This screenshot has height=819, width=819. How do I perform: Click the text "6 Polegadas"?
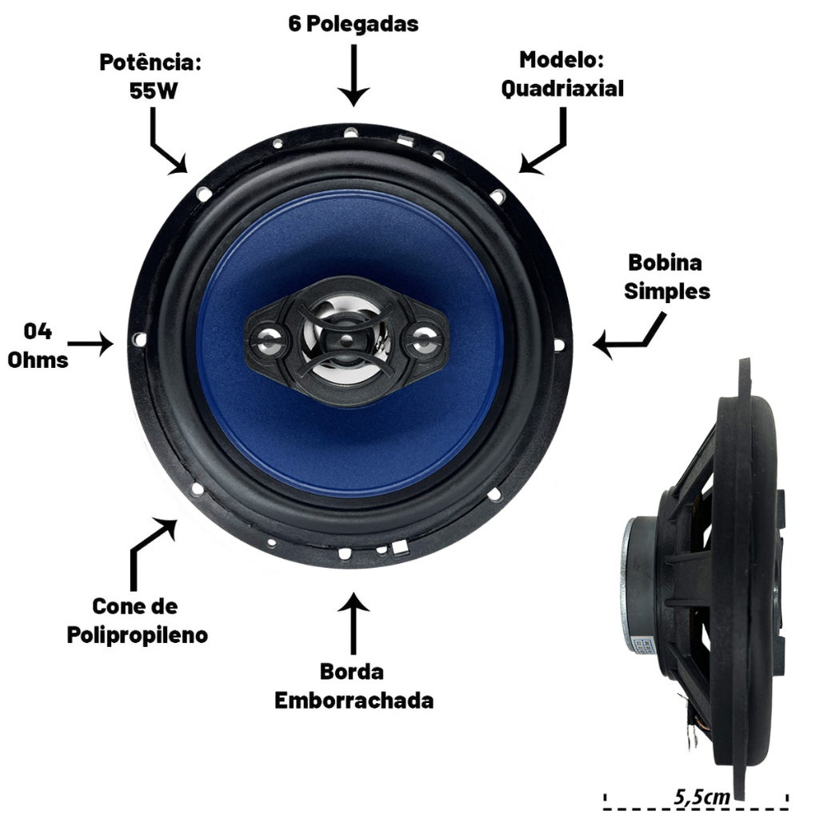(x=354, y=24)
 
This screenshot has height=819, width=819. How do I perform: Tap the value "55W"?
(x=154, y=91)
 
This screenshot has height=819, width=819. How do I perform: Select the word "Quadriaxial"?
(x=562, y=88)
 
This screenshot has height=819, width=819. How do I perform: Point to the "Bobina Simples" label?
(x=666, y=277)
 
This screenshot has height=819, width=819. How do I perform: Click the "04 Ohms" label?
(x=38, y=346)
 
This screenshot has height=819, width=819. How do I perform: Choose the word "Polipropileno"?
(x=138, y=635)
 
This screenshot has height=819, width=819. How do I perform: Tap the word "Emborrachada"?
(x=354, y=701)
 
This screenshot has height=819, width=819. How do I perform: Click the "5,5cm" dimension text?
(x=701, y=797)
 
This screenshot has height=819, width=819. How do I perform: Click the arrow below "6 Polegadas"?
(x=354, y=76)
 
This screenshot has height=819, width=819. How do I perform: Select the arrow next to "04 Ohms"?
(x=90, y=344)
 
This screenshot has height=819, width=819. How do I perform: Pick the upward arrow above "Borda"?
(x=354, y=623)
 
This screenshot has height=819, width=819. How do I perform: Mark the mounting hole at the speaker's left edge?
(x=139, y=339)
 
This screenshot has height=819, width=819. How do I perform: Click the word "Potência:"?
(x=150, y=62)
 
